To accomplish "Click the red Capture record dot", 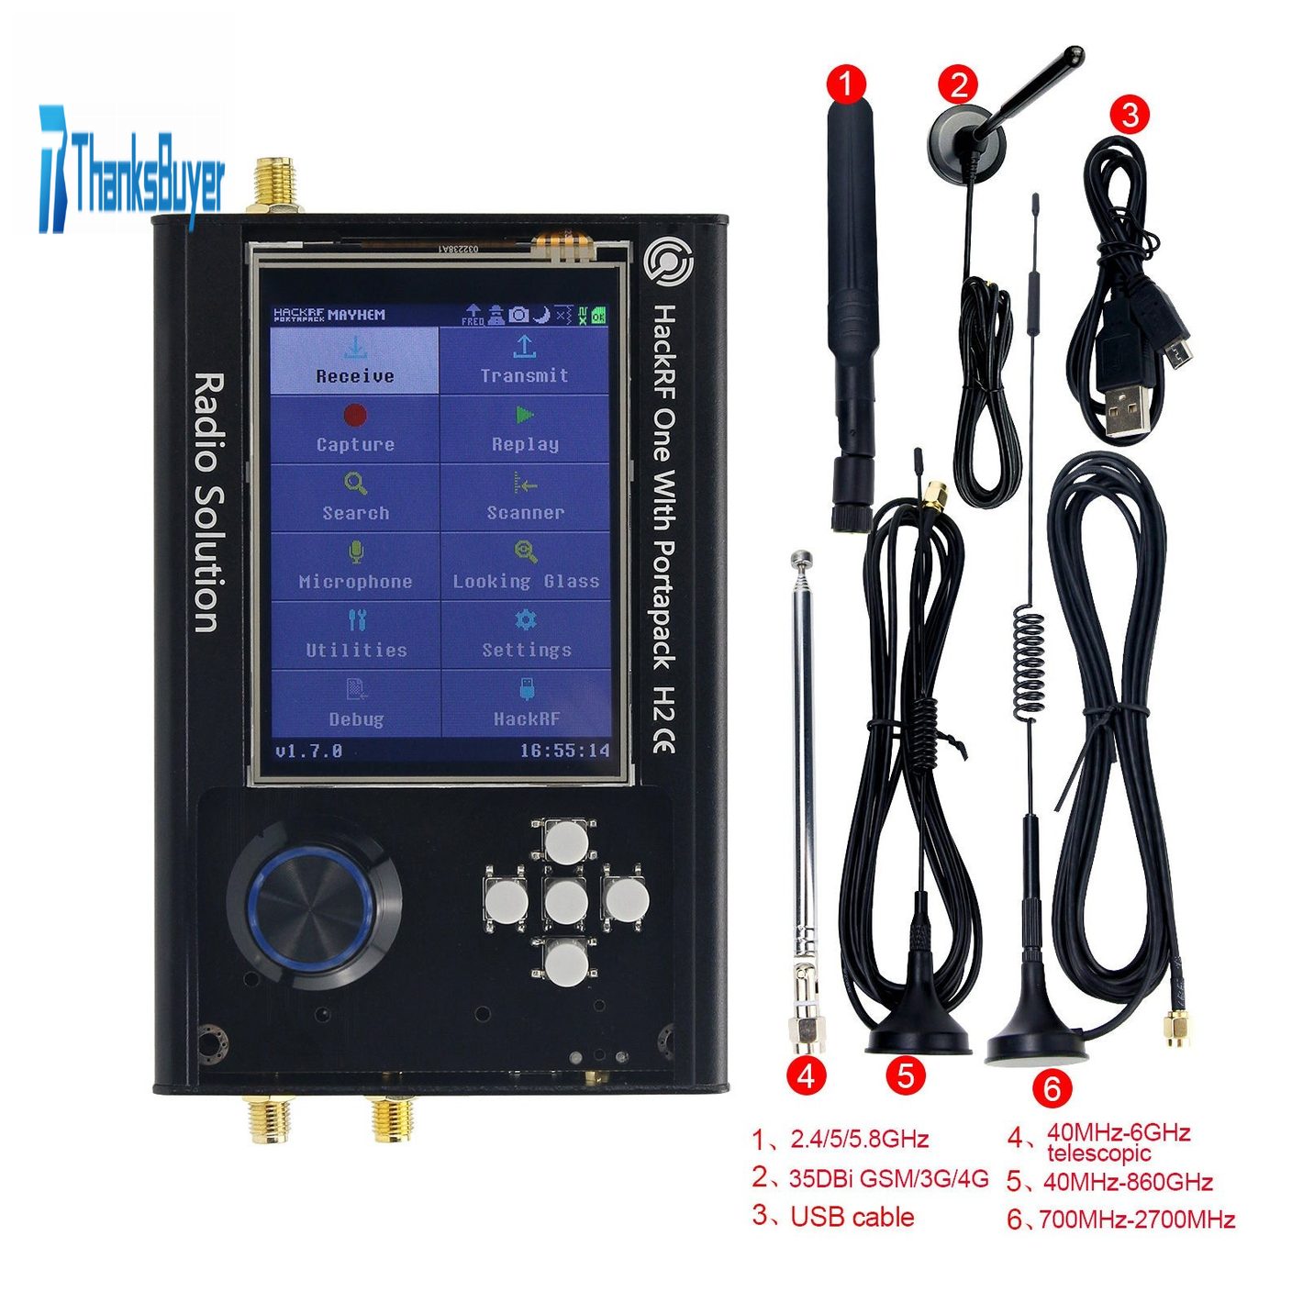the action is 355,415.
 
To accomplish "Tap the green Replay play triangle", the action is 525,415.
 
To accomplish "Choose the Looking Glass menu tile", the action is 526,566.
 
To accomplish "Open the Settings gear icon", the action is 526,619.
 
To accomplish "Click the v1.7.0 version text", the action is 309,751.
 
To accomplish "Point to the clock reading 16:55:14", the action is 564,751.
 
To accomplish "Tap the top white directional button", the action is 567,842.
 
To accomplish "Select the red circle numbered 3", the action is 1130,115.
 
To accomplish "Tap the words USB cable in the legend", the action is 852,1217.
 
